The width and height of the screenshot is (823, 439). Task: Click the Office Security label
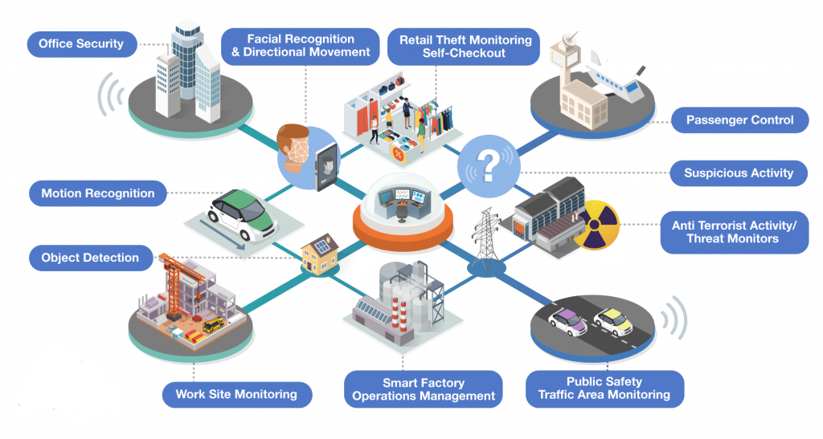coord(82,44)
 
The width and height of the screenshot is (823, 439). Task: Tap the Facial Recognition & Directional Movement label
coord(301,46)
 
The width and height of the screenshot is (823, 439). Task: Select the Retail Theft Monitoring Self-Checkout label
coord(464,47)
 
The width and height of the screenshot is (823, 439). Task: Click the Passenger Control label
coord(739,120)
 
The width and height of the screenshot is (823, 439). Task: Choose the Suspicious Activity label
coord(739,173)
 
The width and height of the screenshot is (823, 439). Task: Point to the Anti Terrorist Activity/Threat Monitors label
coord(734,232)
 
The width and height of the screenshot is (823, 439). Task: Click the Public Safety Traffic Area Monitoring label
coord(604,388)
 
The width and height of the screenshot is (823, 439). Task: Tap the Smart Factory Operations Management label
coord(423,389)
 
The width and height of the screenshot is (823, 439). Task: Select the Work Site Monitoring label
coord(237,395)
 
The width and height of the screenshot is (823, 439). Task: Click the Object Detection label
coord(90,258)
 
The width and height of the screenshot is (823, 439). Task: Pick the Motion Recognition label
coord(97,193)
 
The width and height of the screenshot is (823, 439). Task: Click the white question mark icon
coord(489,166)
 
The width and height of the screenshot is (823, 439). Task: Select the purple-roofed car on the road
coord(567,321)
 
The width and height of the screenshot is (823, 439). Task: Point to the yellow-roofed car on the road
coord(613,321)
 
